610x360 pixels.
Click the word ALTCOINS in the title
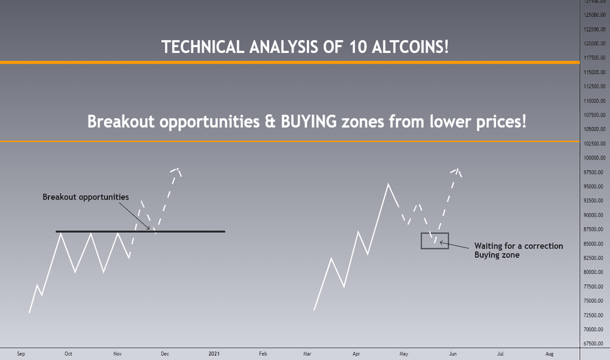tap(410, 47)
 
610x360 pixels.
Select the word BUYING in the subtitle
tap(309, 122)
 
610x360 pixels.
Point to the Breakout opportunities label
tap(86, 197)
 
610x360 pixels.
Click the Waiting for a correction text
tap(518, 246)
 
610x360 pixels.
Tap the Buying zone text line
tap(497, 255)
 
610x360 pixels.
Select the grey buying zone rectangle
tap(435, 234)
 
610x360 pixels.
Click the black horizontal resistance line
tap(141, 232)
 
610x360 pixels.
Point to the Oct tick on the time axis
tap(68, 353)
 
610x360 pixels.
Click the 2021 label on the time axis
tap(214, 353)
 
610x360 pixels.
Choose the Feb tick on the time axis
tap(263, 353)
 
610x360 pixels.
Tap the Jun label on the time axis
tap(453, 353)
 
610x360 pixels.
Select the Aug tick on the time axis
tap(549, 353)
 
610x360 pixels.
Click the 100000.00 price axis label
tap(594, 158)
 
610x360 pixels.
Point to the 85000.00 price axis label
tap(594, 244)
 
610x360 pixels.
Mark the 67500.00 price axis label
tap(594, 344)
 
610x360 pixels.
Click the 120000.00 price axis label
tap(594, 44)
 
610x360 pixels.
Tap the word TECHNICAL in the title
tap(203, 47)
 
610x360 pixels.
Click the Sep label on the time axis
tap(21, 353)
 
